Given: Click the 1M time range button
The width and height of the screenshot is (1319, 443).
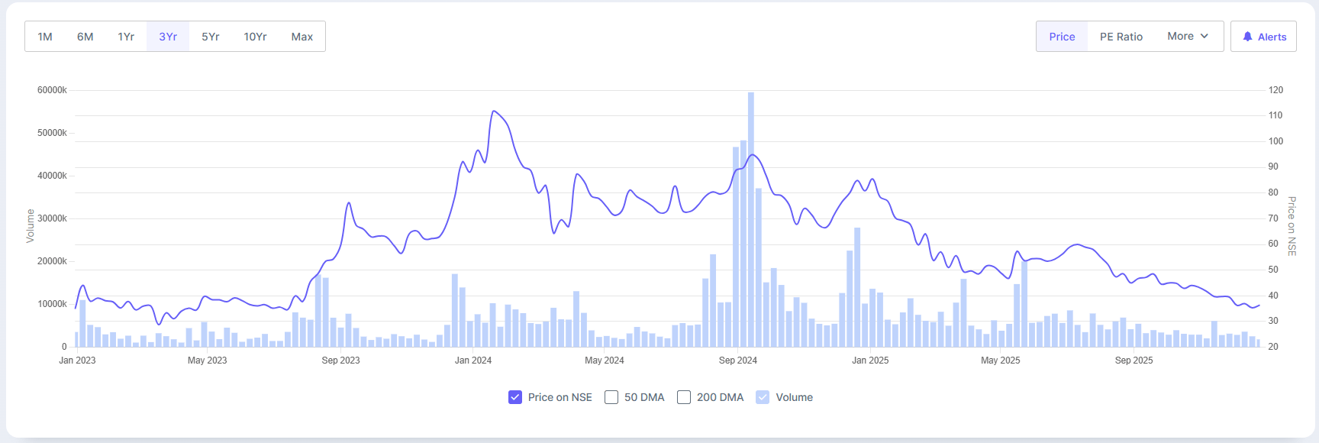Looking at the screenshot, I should pyautogui.click(x=45, y=37).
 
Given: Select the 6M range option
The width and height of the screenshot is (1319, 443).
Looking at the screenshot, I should pyautogui.click(x=85, y=37).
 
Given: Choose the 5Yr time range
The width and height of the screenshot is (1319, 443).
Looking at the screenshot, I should pyautogui.click(x=210, y=37).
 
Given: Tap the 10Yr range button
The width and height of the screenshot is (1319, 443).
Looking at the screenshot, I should pyautogui.click(x=255, y=37).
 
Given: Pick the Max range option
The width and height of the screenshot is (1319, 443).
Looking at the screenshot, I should pyautogui.click(x=302, y=37).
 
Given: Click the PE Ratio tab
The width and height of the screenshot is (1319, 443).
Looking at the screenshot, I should pyautogui.click(x=1121, y=37).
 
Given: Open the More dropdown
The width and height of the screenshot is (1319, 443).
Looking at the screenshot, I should pyautogui.click(x=1187, y=37).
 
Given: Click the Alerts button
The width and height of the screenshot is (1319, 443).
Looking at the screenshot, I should pyautogui.click(x=1263, y=37).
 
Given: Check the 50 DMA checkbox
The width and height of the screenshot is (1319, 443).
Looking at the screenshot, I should pyautogui.click(x=611, y=397).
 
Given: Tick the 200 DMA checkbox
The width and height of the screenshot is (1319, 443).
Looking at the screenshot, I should pyautogui.click(x=684, y=397).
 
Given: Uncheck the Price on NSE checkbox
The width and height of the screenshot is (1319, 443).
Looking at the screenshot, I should pyautogui.click(x=515, y=397).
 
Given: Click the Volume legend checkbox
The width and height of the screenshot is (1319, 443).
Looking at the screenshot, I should pyautogui.click(x=763, y=397).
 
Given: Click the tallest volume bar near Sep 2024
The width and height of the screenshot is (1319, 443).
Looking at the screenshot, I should pyautogui.click(x=751, y=221).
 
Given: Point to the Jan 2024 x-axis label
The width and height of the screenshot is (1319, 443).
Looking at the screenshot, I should pyautogui.click(x=473, y=361).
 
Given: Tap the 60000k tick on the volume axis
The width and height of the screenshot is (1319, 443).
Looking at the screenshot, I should pyautogui.click(x=52, y=90).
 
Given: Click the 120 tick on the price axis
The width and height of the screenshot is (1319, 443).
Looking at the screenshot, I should pyautogui.click(x=1275, y=90).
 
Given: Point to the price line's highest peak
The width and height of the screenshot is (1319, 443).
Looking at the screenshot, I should pyautogui.click(x=495, y=112).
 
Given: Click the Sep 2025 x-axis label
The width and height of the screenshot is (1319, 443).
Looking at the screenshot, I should pyautogui.click(x=1134, y=361).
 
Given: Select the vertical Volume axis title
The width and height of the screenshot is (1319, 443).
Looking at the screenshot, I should pyautogui.click(x=31, y=226).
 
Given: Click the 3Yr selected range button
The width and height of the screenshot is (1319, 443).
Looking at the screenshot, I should pyautogui.click(x=168, y=37).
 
